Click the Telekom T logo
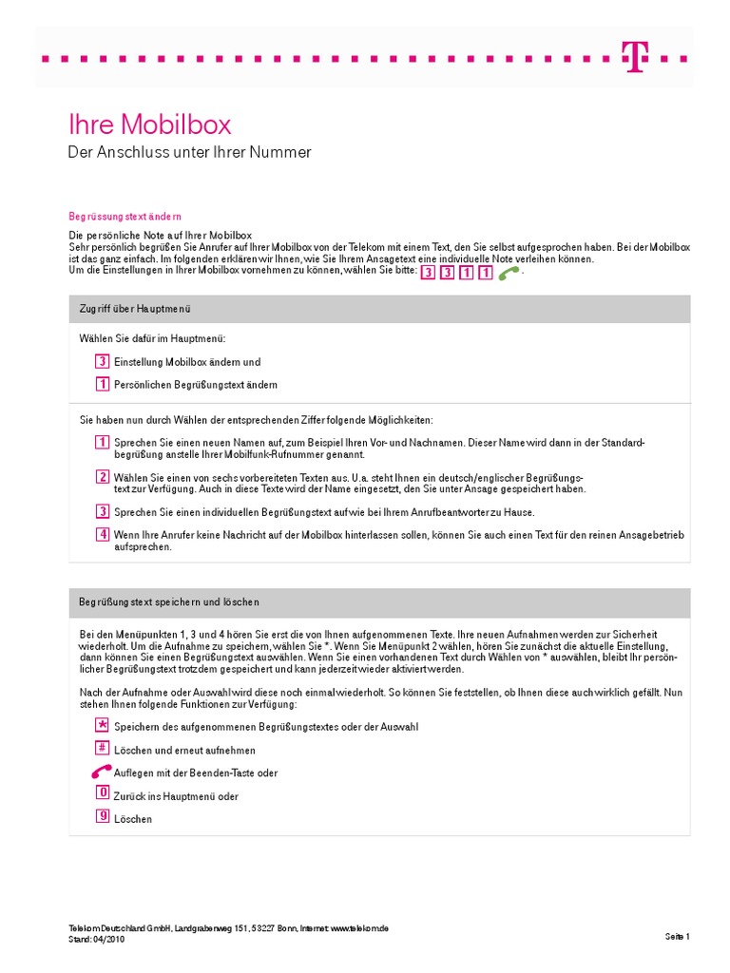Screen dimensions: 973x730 tap(633, 57)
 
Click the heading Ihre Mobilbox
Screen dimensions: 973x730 tap(149, 124)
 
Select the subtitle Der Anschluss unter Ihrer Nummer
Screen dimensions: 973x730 tap(189, 152)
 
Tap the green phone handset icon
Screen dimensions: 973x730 tap(510, 273)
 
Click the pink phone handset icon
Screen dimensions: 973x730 tap(101, 772)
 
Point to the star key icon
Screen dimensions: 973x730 tap(102, 725)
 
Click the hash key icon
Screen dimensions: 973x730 tap(102, 749)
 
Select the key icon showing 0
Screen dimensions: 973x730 tap(102, 793)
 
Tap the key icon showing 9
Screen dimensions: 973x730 tap(102, 816)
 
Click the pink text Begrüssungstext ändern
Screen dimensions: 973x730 tap(125, 216)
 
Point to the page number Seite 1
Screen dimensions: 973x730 tap(677, 937)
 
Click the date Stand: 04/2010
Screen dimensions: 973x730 tap(96, 939)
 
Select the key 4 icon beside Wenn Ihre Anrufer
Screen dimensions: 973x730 tap(102, 533)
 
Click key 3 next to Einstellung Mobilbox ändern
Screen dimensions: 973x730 tap(102, 361)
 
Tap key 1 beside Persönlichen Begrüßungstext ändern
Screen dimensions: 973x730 tap(102, 384)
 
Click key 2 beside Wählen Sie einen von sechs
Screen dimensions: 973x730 tap(102, 476)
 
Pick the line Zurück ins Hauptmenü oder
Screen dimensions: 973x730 tap(176, 796)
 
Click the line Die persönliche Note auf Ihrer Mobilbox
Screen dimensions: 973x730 tap(160, 235)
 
